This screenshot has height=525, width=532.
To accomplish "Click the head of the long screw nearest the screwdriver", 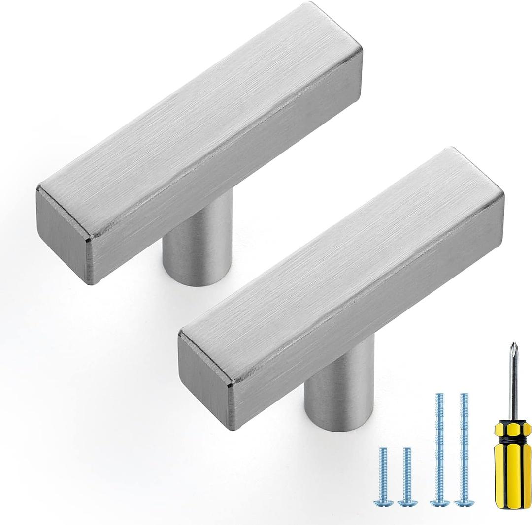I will tap(464, 502).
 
